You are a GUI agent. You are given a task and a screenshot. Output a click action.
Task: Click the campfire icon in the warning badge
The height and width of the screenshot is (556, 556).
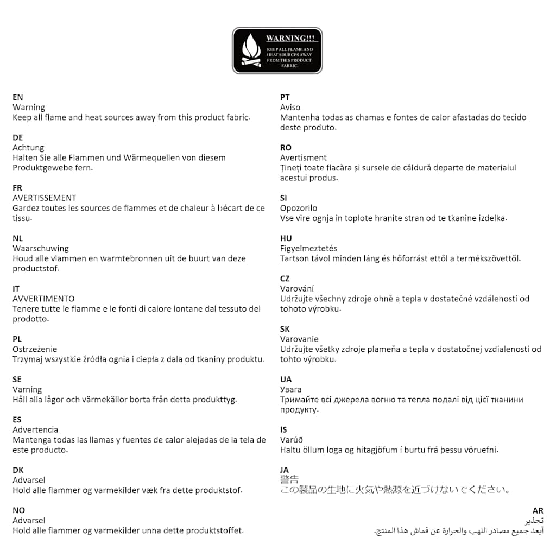[251, 50]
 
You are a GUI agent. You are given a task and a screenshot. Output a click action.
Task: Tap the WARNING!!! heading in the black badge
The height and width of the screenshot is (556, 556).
[290, 39]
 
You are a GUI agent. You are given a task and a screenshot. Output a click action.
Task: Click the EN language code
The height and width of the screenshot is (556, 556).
[18, 97]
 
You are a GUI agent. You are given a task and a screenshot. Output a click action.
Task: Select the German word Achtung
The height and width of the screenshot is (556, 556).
[28, 148]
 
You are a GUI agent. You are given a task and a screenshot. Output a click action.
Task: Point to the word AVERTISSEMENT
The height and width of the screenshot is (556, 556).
[45, 198]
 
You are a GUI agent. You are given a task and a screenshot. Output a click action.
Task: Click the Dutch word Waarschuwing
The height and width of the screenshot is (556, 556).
[41, 249]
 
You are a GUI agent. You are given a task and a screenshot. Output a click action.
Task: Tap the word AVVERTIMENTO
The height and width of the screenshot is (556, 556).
[43, 299]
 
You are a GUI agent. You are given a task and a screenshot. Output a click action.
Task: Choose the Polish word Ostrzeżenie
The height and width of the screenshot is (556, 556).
[35, 349]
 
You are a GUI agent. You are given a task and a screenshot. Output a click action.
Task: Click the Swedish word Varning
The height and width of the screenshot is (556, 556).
[27, 389]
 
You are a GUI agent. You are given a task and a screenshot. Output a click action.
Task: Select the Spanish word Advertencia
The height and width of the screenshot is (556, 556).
[35, 429]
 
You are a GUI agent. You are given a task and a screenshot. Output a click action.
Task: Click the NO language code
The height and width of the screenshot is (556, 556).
[19, 510]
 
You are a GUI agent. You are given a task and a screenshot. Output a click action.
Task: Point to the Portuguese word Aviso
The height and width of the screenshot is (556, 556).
[290, 108]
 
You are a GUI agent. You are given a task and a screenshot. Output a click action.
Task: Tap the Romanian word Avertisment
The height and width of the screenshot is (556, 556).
[304, 158]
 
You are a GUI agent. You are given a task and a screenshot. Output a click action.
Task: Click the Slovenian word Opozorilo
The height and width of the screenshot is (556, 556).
[299, 208]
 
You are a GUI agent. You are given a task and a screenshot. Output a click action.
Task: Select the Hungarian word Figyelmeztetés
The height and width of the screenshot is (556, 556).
[308, 249]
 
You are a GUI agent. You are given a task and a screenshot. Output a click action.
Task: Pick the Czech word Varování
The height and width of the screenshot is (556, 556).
[297, 289]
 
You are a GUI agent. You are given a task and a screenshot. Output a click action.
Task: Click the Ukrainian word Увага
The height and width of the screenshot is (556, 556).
[291, 389]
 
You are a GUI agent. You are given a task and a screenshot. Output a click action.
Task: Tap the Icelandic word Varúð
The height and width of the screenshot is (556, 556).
[292, 440]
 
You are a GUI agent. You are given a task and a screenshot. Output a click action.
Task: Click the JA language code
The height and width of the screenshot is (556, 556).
[285, 470]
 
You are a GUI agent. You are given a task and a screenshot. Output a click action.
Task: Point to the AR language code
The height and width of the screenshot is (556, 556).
[538, 510]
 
